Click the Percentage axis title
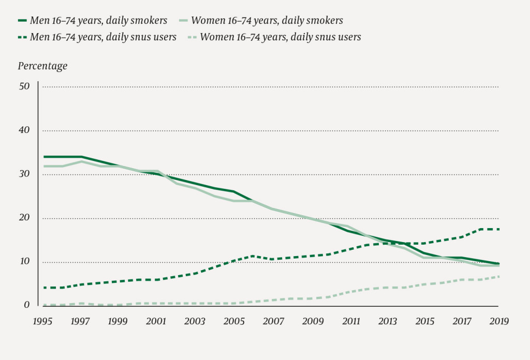coord(43,66)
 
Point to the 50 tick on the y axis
coord(24,86)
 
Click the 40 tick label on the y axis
coord(24,130)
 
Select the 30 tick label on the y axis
coord(24,174)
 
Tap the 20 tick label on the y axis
coord(24,218)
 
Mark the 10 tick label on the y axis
coord(24,262)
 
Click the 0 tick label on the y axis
coord(27,306)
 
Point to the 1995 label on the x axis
coord(43,321)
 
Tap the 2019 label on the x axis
coord(498,321)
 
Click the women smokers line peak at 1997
coord(82,161)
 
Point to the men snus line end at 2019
coord(498,229)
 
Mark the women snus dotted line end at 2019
coord(498,277)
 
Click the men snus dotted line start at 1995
coord(44,288)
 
